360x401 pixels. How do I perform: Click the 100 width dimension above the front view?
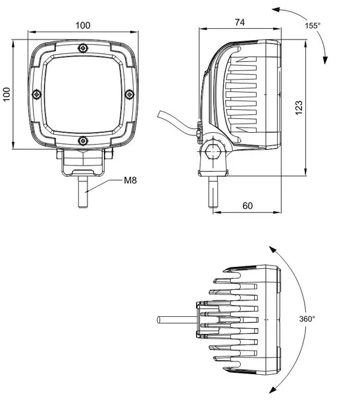pos(83,26)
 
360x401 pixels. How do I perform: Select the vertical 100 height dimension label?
pos(7,95)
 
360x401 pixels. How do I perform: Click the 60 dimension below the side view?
pos(247,206)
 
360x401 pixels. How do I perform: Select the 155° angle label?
pos(313,26)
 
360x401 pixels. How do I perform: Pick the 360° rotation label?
pos(307,318)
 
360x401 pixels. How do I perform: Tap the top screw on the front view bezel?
pos(83,49)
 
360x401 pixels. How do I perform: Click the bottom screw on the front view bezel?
pos(83,141)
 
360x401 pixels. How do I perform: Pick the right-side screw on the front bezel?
pos(129,95)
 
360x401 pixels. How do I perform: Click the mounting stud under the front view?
pos(83,191)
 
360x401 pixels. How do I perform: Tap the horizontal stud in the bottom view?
pos(176,321)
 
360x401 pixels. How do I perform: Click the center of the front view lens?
pos(83,95)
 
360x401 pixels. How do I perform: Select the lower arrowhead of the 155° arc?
pos(324,60)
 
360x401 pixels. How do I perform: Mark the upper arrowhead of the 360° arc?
pos(270,250)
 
